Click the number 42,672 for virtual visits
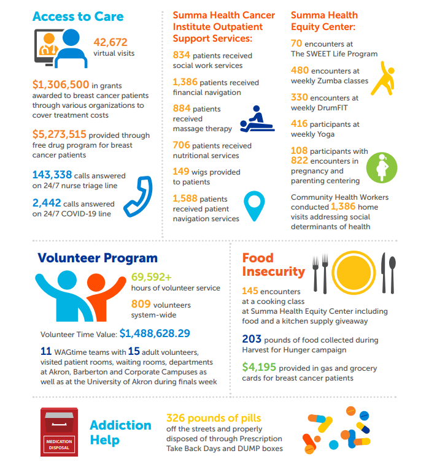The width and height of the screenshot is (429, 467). click(x=110, y=42)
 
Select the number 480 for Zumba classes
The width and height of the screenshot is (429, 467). click(x=300, y=70)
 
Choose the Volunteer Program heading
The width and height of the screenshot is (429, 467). click(x=98, y=258)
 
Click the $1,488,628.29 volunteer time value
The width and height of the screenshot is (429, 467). click(x=155, y=333)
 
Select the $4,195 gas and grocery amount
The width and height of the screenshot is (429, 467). click(x=256, y=368)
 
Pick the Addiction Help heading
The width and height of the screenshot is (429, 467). click(x=120, y=433)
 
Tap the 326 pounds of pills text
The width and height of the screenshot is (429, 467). click(x=213, y=418)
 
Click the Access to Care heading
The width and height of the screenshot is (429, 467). click(x=78, y=17)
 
